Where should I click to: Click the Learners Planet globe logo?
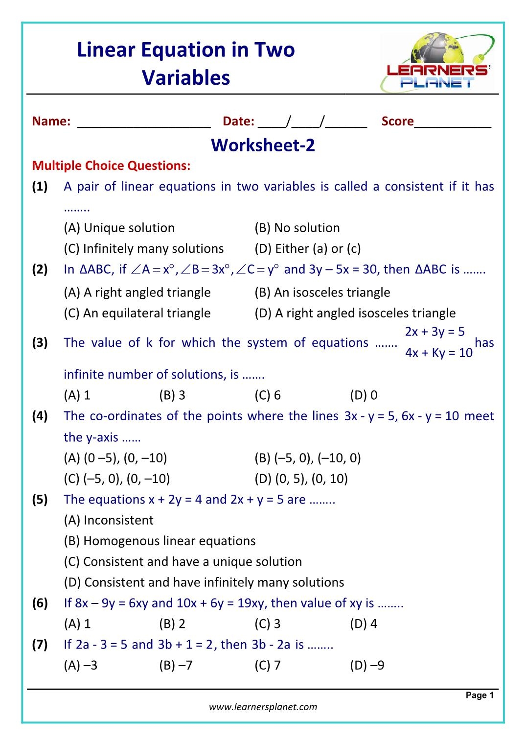437,62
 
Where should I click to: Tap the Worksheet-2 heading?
263,145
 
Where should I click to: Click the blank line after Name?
144,122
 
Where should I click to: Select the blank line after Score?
452,122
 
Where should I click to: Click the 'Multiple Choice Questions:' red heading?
111,166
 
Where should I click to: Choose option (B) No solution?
297,228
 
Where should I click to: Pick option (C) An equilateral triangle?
137,313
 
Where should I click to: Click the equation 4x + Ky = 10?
438,353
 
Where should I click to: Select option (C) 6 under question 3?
268,395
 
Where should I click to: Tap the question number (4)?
40,416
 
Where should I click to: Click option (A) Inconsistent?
109,520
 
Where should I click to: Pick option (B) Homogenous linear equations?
160,541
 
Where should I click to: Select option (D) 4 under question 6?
364,624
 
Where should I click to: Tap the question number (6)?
40,603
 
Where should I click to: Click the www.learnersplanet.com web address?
263,707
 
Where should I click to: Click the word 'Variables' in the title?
186,77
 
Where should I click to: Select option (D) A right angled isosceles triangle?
355,313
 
